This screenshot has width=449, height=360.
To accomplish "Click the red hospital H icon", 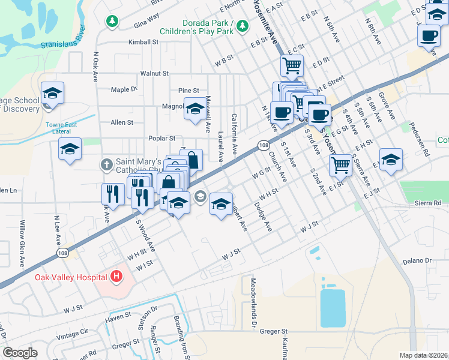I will tap(116, 277).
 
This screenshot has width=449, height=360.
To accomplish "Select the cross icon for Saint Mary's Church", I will tap(106, 164).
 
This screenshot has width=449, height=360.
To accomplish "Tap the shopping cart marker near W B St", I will tap(292, 65).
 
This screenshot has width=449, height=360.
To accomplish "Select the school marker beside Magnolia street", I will tap(194, 109).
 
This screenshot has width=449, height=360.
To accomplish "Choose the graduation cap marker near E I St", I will tap(391, 160).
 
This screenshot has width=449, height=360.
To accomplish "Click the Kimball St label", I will tap(143, 43).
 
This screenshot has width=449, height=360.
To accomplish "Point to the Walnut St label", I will tap(154, 73).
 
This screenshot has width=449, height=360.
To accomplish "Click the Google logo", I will tap(20, 353).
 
